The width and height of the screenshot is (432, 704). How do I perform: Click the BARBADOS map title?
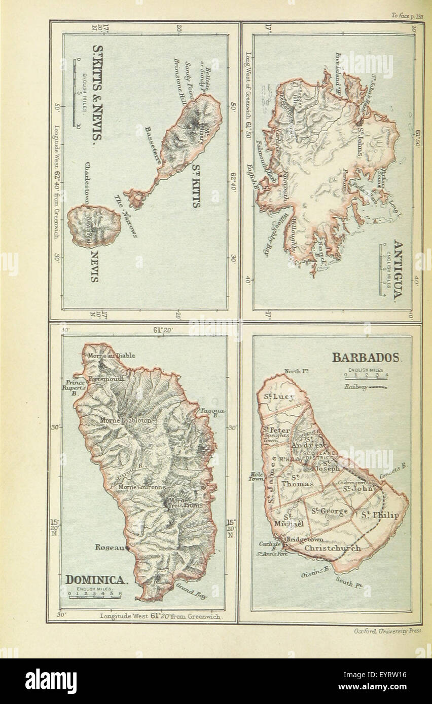366,358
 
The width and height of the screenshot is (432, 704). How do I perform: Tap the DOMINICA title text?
96,579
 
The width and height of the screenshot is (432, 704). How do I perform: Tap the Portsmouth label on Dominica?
106,379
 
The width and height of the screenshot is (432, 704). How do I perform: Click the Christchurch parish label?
333,548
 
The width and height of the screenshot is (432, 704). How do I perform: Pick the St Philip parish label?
380,515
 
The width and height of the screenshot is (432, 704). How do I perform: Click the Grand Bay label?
191,592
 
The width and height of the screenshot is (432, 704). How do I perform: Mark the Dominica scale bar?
95,597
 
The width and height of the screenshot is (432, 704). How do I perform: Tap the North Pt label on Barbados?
297,371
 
